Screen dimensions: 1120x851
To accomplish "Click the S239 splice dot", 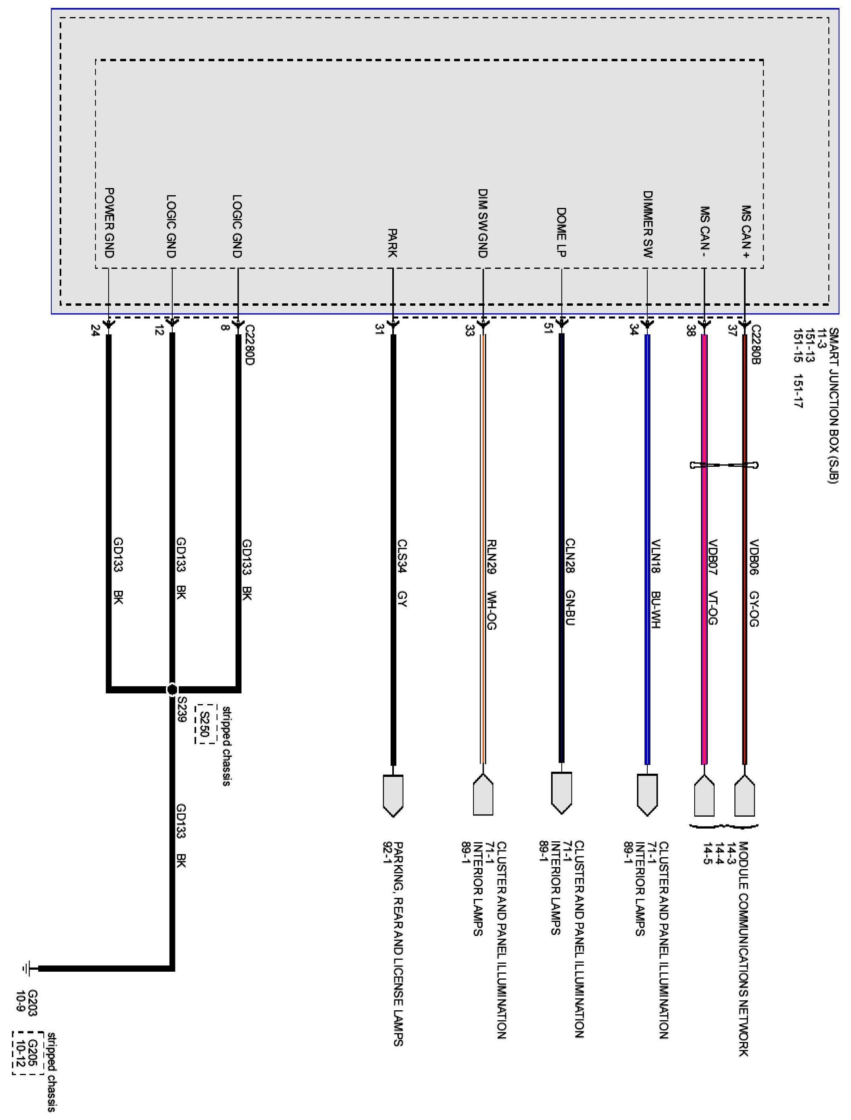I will click(x=172, y=690).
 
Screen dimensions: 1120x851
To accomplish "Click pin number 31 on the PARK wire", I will click(x=379, y=330).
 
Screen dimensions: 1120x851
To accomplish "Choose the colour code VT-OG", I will click(x=712, y=608).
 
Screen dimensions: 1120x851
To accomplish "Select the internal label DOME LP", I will click(x=561, y=232).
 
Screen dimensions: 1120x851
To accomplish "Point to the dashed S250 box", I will click(x=204, y=724).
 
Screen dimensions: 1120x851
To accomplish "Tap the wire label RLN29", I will click(x=491, y=557).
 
